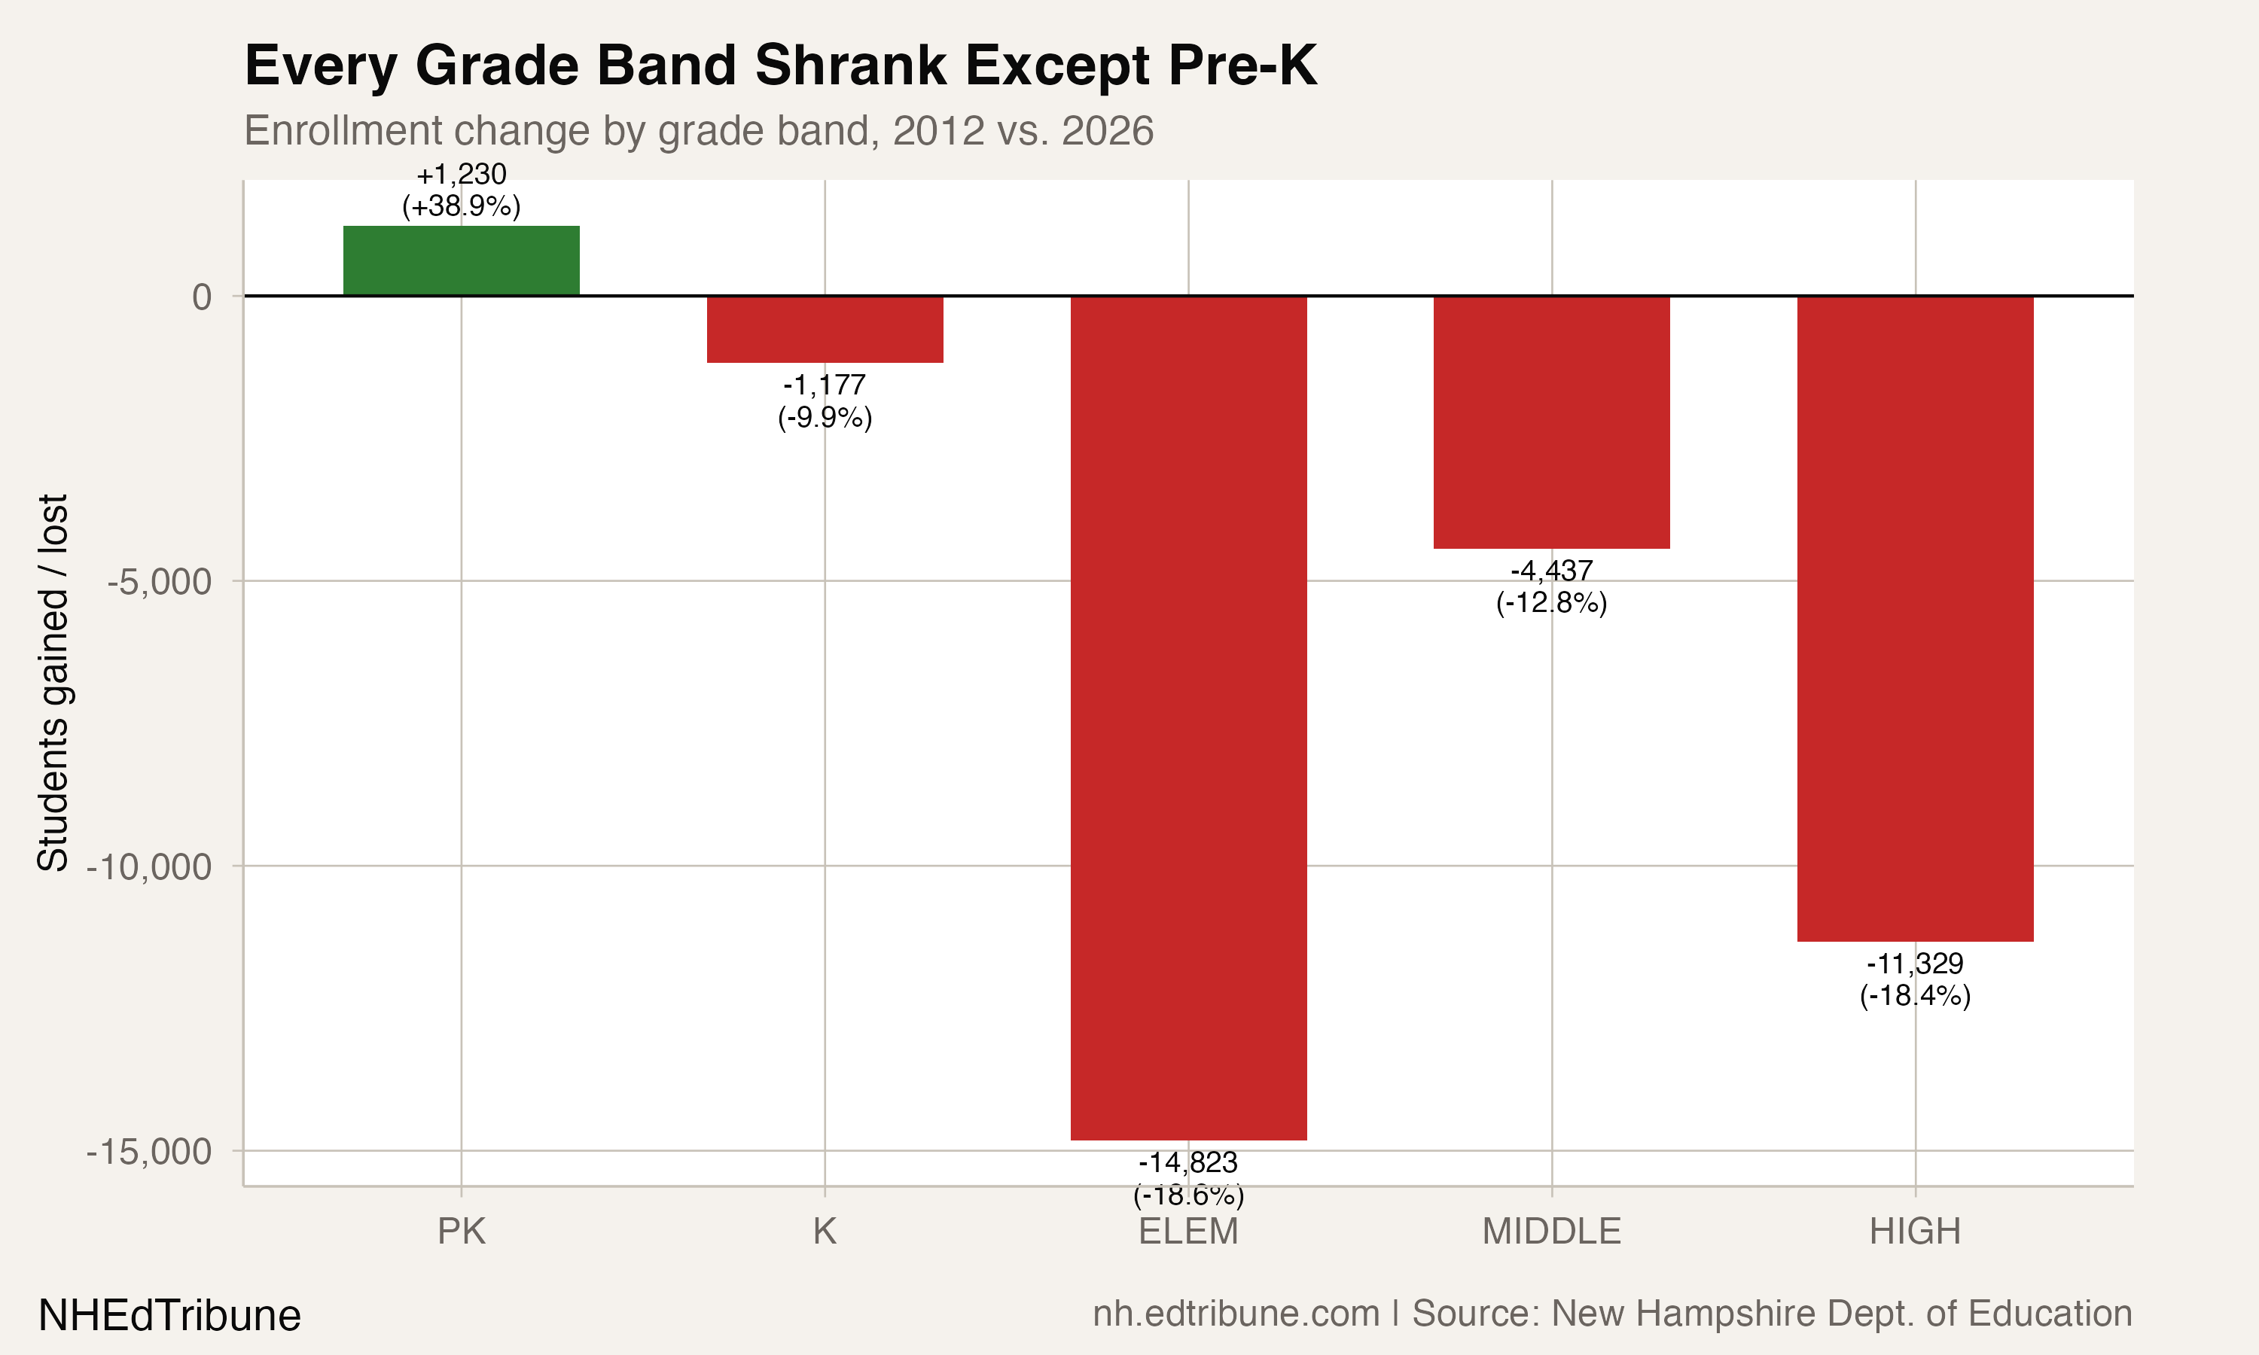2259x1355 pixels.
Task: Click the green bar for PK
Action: (461, 260)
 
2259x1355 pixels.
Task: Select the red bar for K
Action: (825, 330)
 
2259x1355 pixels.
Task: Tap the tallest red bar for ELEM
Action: (1188, 717)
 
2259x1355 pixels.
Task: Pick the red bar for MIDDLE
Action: (1551, 422)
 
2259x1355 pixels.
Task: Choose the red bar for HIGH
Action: (1915, 618)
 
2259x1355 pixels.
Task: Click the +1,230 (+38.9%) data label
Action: (461, 190)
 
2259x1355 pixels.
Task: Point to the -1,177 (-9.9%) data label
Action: (825, 400)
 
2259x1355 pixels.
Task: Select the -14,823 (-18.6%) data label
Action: (1188, 1178)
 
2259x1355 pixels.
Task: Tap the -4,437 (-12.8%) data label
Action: (1551, 586)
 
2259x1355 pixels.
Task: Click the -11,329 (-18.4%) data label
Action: (1915, 979)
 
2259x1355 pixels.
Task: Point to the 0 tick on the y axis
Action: (202, 297)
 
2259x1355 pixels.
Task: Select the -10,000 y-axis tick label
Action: (149, 866)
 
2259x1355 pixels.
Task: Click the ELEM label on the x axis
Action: (1188, 1232)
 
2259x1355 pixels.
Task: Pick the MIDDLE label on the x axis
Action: (1551, 1232)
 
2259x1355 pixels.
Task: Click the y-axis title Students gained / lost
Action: (53, 682)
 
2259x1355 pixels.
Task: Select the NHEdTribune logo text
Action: (170, 1316)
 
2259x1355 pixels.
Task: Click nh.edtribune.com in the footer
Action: (1236, 1314)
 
